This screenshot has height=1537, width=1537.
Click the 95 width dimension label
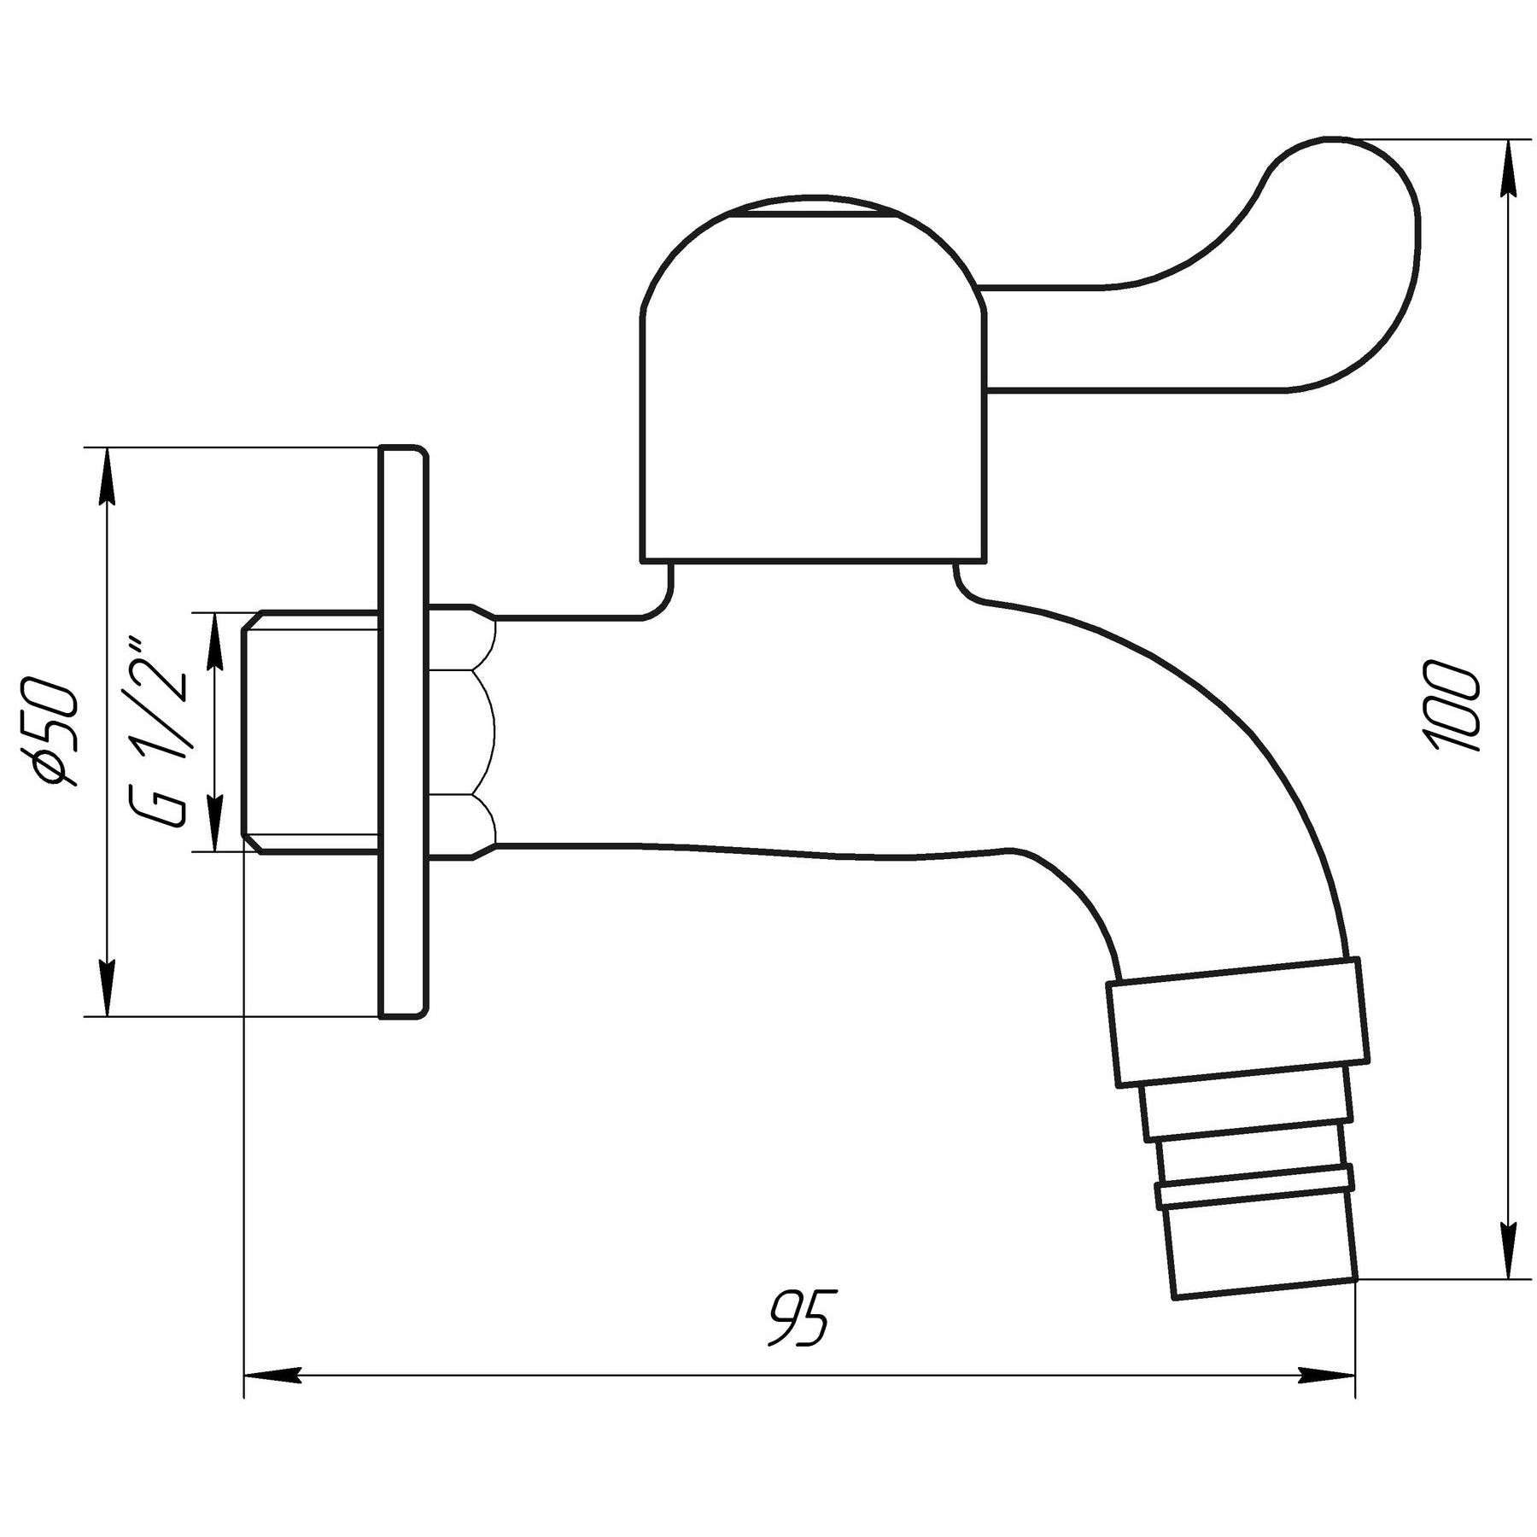pos(798,1320)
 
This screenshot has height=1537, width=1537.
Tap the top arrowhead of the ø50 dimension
pos(106,478)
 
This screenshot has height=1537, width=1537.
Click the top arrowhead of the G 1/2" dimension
pos(215,640)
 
